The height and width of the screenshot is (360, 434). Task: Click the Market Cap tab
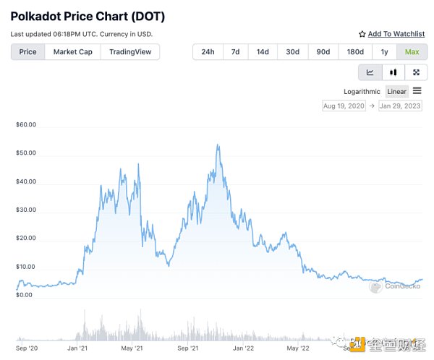tap(72, 52)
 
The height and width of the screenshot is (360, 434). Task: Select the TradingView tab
tap(130, 52)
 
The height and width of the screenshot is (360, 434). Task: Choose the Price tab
tap(28, 52)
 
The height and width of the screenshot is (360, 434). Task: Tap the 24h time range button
tap(208, 52)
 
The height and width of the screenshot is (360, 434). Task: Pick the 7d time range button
tap(235, 52)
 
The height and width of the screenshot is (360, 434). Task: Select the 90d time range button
tap(323, 52)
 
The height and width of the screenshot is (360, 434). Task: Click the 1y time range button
tap(383, 52)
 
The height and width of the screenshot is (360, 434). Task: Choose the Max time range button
tap(412, 52)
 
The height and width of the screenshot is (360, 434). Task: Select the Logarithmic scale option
tap(362, 91)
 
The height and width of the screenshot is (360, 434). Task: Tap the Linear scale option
tap(396, 91)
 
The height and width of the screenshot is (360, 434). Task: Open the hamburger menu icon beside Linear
tap(417, 91)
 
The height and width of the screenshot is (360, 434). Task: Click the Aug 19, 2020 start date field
tap(344, 106)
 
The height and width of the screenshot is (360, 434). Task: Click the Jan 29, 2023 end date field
tap(399, 106)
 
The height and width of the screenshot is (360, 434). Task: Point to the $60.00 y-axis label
tap(26, 124)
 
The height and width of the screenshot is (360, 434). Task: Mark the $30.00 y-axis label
tap(26, 210)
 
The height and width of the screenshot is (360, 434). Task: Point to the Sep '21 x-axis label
tap(187, 348)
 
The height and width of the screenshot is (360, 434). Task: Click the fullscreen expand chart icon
tap(415, 72)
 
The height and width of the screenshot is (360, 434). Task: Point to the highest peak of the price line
tap(218, 145)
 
